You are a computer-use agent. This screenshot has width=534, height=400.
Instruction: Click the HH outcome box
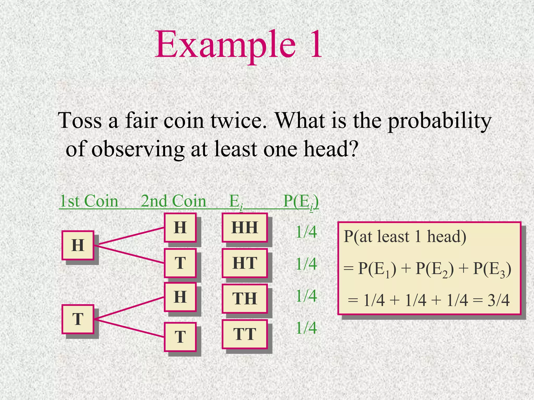coord(245,227)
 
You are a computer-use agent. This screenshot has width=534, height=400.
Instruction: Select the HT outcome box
coord(245,263)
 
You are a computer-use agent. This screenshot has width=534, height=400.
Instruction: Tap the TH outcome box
coord(245,298)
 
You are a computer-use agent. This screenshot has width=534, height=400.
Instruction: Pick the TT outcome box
coord(245,334)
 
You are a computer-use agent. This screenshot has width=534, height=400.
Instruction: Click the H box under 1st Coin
coord(78,245)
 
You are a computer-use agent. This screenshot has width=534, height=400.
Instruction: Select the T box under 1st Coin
coord(78,319)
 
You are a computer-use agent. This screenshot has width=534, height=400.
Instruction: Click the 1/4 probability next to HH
coord(306,232)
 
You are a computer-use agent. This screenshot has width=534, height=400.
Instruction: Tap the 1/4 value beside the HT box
coord(306,264)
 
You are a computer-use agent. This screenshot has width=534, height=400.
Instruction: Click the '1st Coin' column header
coord(89,201)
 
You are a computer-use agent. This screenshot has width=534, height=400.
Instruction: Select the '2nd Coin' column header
coord(173,201)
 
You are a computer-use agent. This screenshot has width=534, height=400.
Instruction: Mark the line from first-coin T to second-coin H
coord(129,308)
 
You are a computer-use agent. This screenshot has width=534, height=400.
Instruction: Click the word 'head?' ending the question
coord(331,149)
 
